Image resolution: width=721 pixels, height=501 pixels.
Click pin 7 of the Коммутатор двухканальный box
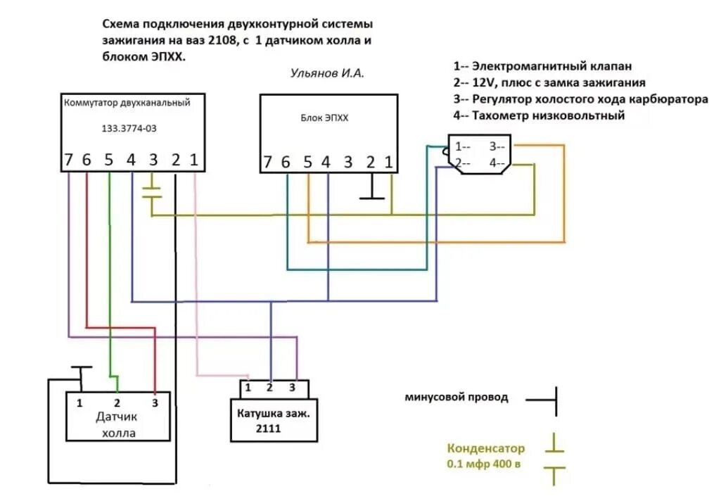pos(68,160)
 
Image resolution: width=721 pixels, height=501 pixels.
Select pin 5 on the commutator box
pos(109,160)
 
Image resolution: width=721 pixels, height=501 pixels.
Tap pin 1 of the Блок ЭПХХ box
pos(388,163)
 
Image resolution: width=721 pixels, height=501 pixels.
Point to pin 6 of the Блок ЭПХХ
pos(286,163)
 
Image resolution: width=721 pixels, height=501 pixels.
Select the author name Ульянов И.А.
pos(328,73)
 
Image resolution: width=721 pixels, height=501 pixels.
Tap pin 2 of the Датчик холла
pos(117,403)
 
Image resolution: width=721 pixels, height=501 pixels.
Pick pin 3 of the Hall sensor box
pos(155,403)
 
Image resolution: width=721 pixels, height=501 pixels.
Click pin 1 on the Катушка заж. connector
pos(248,387)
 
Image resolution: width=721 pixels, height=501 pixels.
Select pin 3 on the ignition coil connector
pos(292,387)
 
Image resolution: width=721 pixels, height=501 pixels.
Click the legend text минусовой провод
pos(456,398)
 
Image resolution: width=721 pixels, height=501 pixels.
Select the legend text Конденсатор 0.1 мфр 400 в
pos(485,456)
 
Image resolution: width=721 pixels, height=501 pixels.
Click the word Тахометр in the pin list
pos(503,115)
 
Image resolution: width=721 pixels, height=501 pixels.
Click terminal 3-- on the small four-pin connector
pos(497,147)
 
